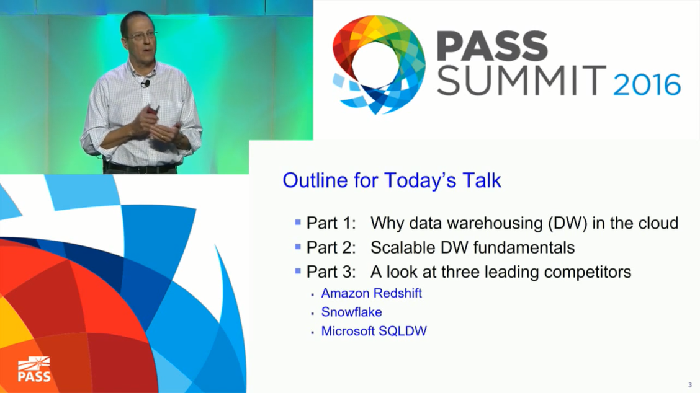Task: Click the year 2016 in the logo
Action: (647, 85)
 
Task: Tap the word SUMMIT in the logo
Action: (521, 81)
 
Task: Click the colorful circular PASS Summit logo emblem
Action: (379, 64)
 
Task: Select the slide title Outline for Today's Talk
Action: (392, 180)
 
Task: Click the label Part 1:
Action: (331, 223)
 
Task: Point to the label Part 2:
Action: (331, 247)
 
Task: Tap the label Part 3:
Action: (331, 272)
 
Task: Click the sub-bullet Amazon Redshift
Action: (372, 293)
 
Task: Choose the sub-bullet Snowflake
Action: (351, 312)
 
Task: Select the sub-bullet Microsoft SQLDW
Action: (374, 331)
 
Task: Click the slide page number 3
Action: (690, 384)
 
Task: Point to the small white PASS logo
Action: (34, 369)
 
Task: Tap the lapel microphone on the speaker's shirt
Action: (145, 83)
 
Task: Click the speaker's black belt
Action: (140, 168)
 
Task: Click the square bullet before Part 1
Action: (298, 222)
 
